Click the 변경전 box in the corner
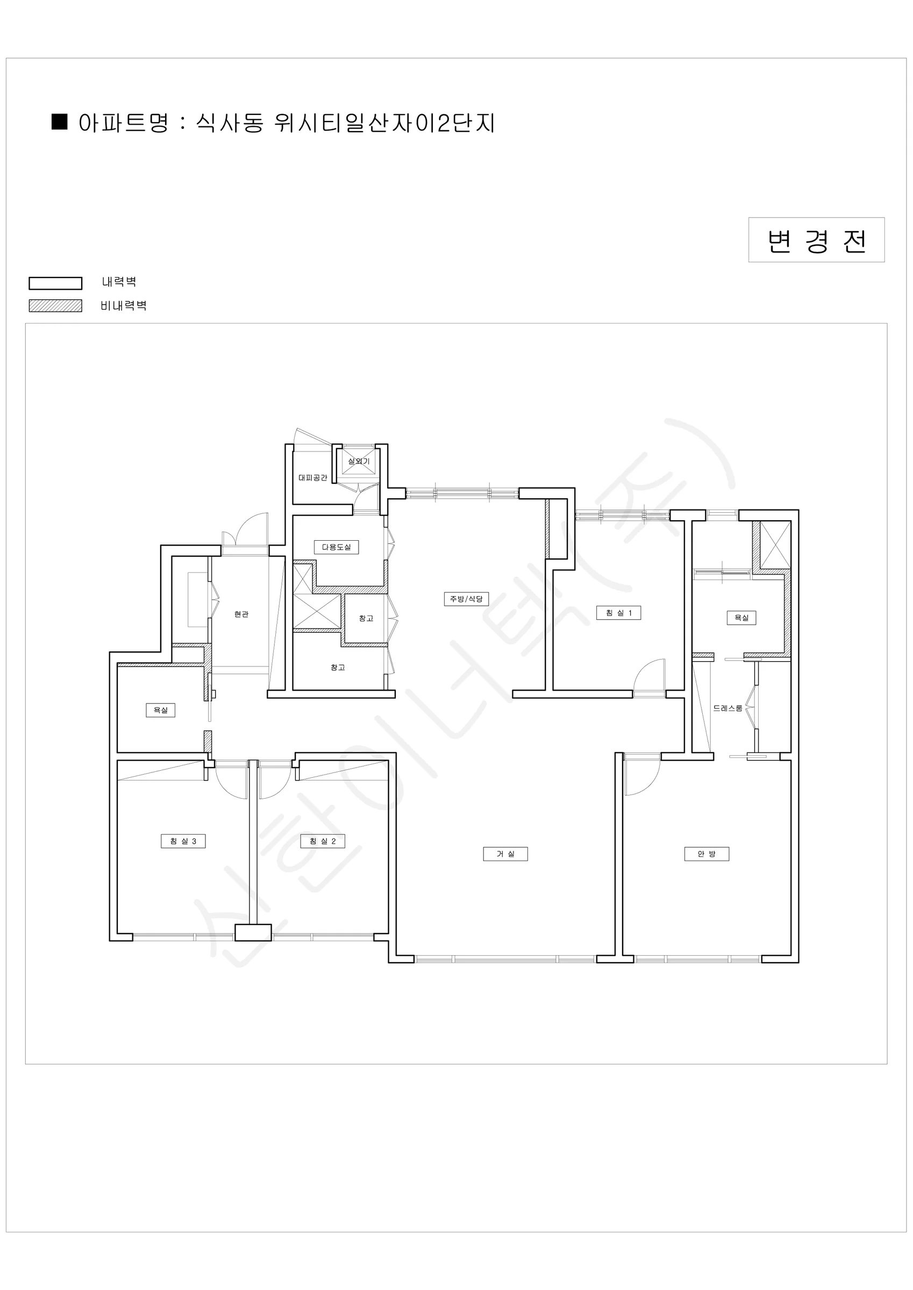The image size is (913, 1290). [x=816, y=240]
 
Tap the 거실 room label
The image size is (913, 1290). [x=505, y=854]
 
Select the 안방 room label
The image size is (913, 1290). [x=707, y=854]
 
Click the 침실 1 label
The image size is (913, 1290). [x=618, y=612]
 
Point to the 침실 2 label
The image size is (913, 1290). [x=322, y=841]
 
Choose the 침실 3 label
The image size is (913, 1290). [x=183, y=841]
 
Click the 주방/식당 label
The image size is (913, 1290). [x=466, y=599]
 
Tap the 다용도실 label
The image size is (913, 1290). [x=336, y=547]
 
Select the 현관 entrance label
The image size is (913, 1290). [x=241, y=615]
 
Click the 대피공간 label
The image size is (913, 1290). [x=312, y=478]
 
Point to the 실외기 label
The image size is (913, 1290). [x=359, y=461]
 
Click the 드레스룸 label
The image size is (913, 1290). [x=727, y=708]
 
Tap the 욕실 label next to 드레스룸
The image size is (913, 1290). [x=741, y=618]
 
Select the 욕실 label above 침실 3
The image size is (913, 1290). [x=161, y=710]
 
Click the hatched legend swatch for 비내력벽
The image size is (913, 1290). [x=56, y=306]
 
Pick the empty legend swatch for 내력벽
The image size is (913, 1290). [x=56, y=283]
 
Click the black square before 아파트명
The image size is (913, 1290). [x=60, y=122]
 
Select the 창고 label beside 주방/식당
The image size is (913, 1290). [x=366, y=618]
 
